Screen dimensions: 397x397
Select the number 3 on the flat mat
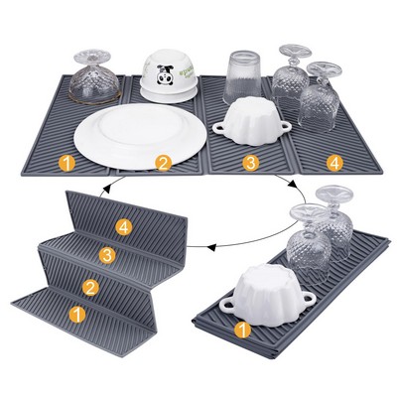coord(251,161)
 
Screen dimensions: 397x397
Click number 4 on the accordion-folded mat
coord(123,226)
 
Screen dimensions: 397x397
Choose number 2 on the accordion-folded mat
coord(90,288)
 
